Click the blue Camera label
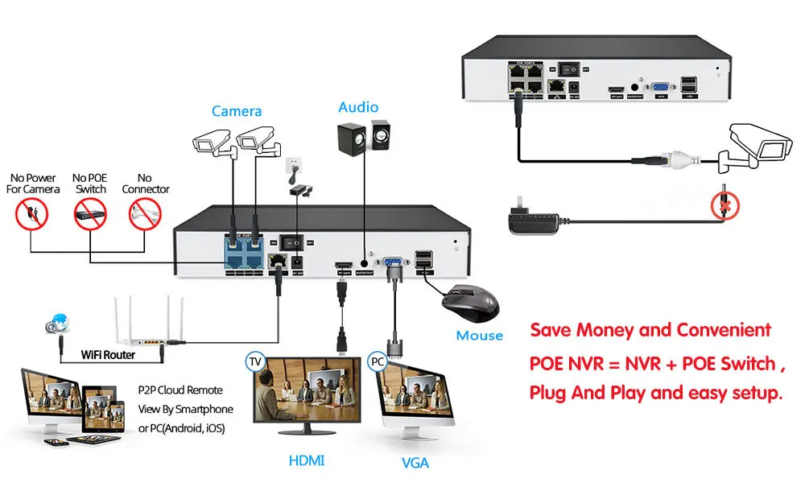(237, 111)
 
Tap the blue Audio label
(358, 106)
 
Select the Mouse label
(479, 336)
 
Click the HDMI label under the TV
(308, 460)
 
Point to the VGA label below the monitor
(415, 462)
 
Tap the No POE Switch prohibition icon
(90, 213)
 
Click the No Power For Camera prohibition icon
(33, 213)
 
